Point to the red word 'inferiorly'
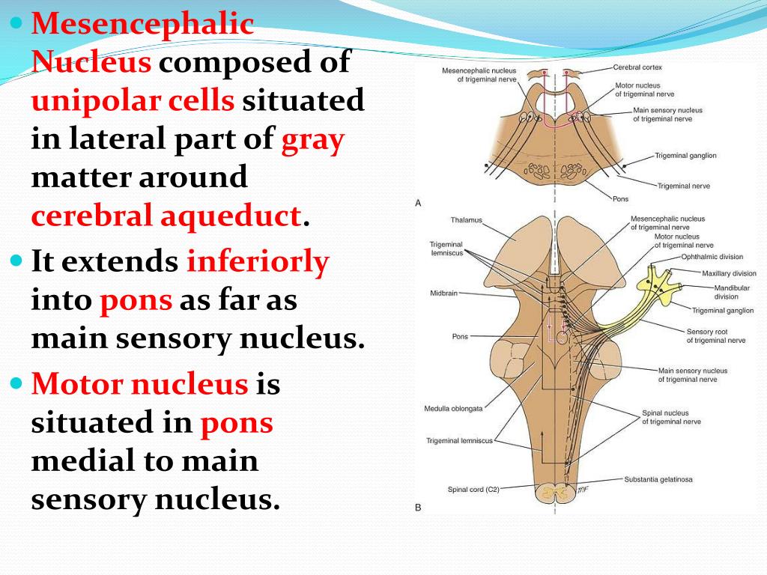pos(258,262)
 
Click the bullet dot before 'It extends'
pos(18,262)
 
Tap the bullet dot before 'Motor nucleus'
pos(18,384)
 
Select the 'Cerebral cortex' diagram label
pos(637,67)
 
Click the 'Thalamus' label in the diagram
pos(467,220)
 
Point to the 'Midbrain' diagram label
pos(444,293)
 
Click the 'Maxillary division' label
pos(729,273)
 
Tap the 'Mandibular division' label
pos(726,291)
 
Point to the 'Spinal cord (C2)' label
pos(473,490)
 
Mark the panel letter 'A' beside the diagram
pos(418,203)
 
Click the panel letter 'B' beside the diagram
pos(418,508)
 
